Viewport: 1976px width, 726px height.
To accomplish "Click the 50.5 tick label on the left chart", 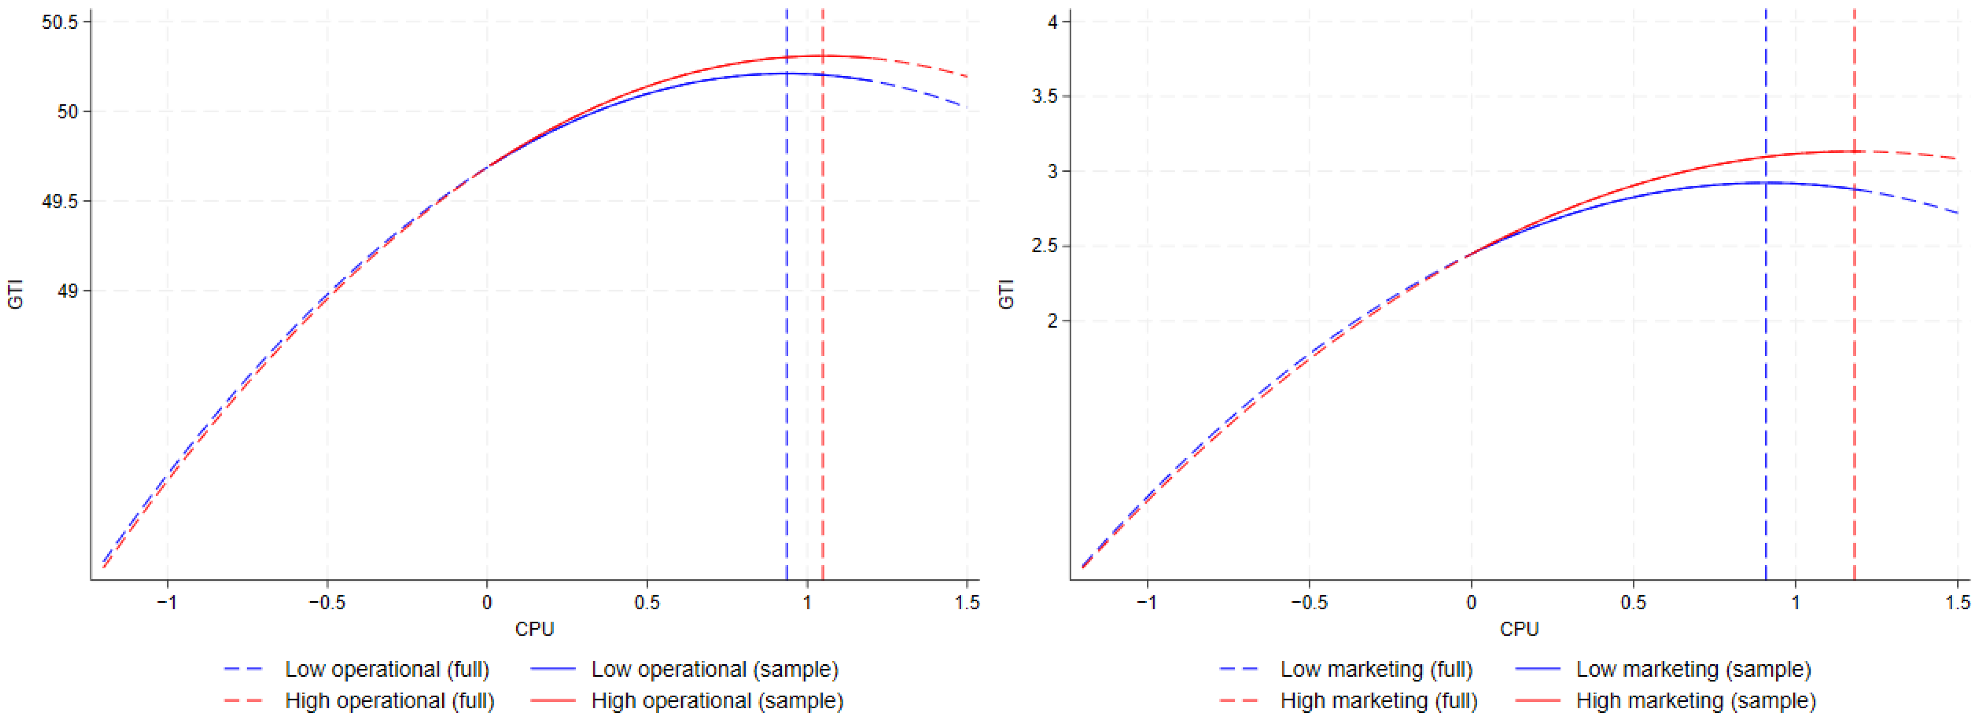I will pyautogui.click(x=60, y=22).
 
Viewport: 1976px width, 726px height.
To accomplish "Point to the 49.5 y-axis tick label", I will pyautogui.click(x=60, y=202).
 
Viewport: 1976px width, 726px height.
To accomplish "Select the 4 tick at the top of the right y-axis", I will pyautogui.click(x=1053, y=22).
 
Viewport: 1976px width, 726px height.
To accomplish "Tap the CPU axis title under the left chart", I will pyautogui.click(x=534, y=629).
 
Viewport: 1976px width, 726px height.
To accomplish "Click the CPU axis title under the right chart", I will pyautogui.click(x=1519, y=629).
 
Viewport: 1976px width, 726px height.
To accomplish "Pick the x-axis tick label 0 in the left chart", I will pyautogui.click(x=487, y=603).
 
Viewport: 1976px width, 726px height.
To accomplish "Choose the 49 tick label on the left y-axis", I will pyautogui.click(x=68, y=291).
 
